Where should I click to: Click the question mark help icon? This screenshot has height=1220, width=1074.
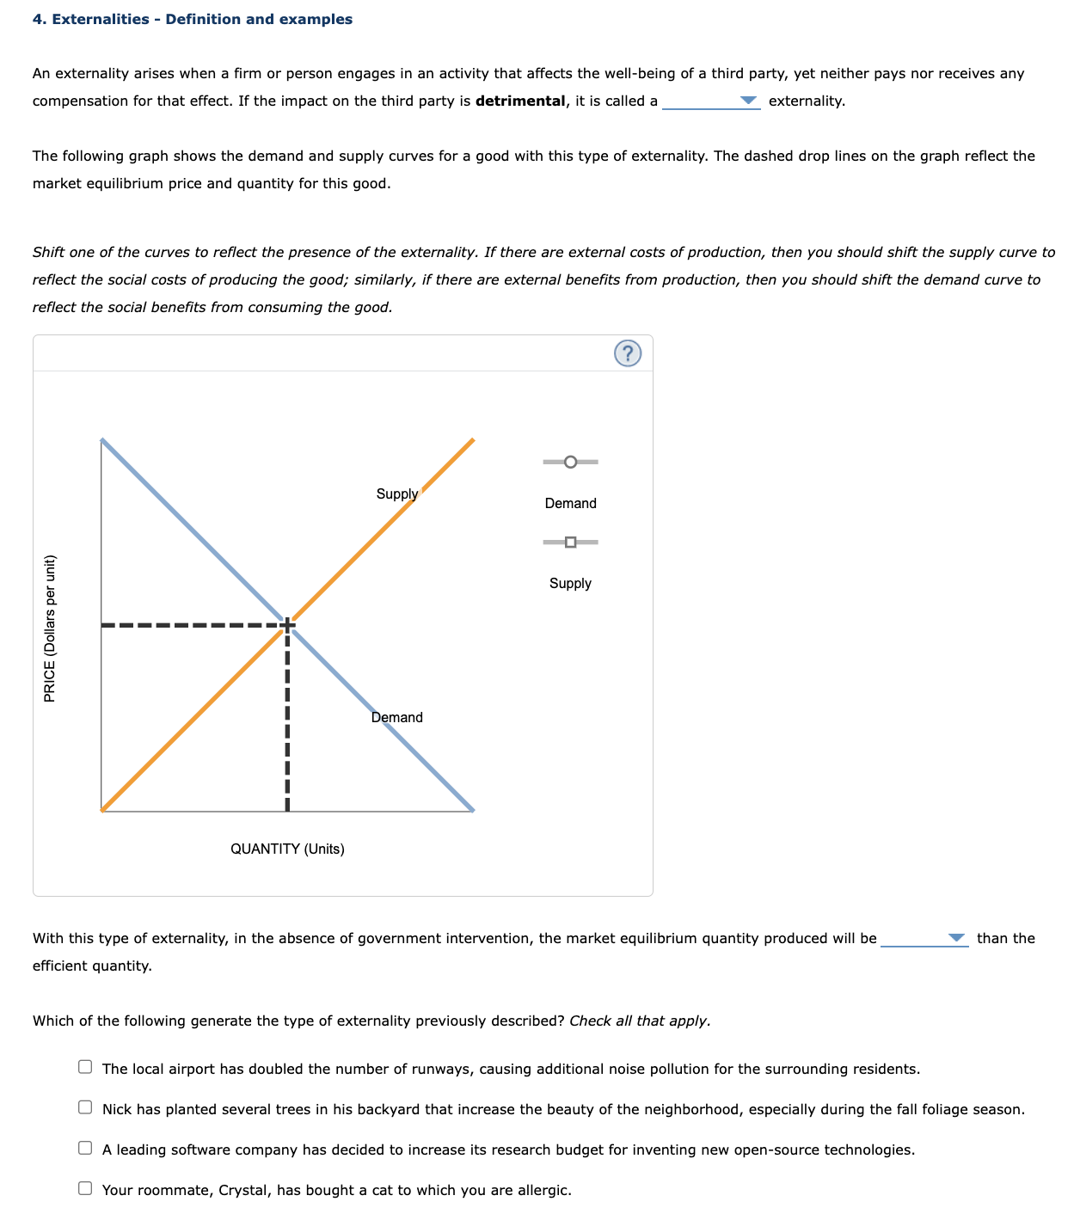[x=628, y=353]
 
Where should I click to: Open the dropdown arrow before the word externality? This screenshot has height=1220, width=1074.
[x=750, y=101]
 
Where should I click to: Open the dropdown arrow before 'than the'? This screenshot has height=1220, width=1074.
[x=956, y=938]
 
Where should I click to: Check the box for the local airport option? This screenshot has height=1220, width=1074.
[x=85, y=1067]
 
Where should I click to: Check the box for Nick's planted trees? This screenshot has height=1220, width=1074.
[x=85, y=1107]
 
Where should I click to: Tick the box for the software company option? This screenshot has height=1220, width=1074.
[x=85, y=1148]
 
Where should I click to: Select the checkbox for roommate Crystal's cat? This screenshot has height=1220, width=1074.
[x=85, y=1188]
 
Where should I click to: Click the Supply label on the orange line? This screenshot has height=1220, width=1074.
[x=396, y=494]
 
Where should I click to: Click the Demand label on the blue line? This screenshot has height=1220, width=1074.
[x=396, y=717]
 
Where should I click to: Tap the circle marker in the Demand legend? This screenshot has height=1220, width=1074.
[x=570, y=463]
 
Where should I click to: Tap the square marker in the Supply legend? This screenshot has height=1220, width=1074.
[x=570, y=542]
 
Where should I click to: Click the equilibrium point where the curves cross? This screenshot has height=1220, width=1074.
[x=287, y=624]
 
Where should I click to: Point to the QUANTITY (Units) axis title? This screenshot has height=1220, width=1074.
[x=287, y=849]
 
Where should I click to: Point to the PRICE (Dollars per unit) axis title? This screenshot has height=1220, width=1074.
[x=50, y=628]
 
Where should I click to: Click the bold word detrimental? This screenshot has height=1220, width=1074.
[x=520, y=101]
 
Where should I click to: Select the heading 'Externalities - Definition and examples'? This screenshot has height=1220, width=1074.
[x=192, y=19]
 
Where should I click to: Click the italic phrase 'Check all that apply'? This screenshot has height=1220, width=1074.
[x=639, y=1021]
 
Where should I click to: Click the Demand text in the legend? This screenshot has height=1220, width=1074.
[x=570, y=503]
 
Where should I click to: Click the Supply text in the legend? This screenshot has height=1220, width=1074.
[x=570, y=583]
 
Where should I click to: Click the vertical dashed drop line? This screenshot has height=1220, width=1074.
[x=287, y=722]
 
